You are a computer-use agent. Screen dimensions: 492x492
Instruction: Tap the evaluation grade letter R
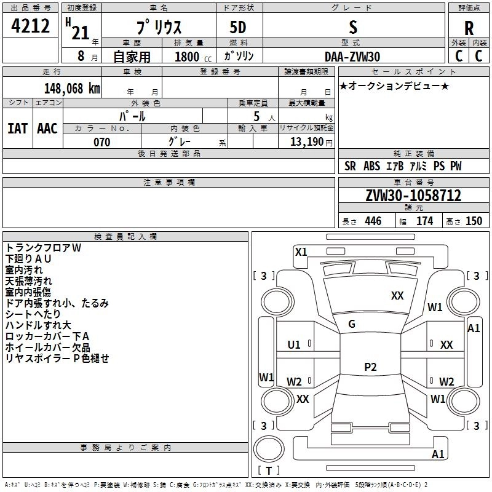469,28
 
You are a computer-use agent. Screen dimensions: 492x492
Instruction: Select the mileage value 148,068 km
72,88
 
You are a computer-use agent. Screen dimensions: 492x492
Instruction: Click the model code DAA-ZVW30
352,57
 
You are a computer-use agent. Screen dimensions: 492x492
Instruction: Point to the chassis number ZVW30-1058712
413,196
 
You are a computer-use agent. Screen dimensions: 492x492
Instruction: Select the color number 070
101,142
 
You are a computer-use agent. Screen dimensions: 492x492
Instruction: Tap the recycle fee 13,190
310,142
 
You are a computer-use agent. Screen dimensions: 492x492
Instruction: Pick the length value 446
373,221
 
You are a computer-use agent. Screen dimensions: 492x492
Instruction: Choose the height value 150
474,221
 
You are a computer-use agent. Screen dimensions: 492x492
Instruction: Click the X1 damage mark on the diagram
301,252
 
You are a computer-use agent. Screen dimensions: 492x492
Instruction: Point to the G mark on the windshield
352,324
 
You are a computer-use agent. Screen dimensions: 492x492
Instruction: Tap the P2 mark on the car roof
370,367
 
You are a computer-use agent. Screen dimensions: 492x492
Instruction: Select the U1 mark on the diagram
294,344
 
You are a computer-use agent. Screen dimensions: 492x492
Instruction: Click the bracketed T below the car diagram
268,471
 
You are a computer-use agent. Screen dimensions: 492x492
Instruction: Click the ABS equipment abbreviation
371,166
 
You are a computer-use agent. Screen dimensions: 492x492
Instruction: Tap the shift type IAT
17,128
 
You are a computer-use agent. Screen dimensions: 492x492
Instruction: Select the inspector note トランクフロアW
43,248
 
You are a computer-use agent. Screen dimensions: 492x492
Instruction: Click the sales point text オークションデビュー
394,85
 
